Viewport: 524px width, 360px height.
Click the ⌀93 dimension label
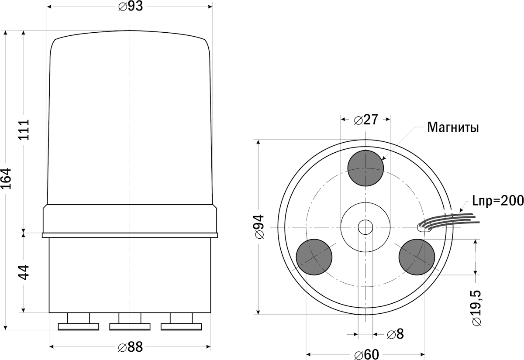coord(131,7)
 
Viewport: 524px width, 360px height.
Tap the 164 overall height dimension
coord(6,178)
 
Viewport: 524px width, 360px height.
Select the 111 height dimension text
coord(24,130)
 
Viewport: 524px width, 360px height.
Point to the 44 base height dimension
coord(24,272)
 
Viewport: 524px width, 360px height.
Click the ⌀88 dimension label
coord(131,347)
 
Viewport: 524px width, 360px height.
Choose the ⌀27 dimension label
coord(366,120)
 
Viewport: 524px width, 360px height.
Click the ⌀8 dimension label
coord(395,334)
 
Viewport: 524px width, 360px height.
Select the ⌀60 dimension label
coord(366,354)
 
